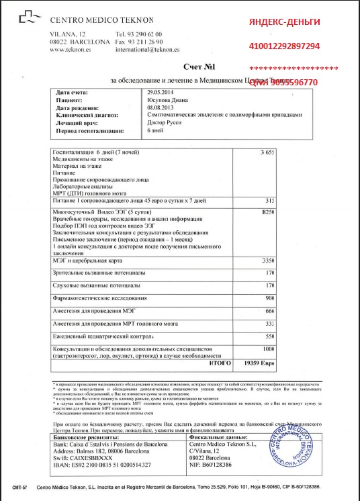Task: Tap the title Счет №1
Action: point(197,68)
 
